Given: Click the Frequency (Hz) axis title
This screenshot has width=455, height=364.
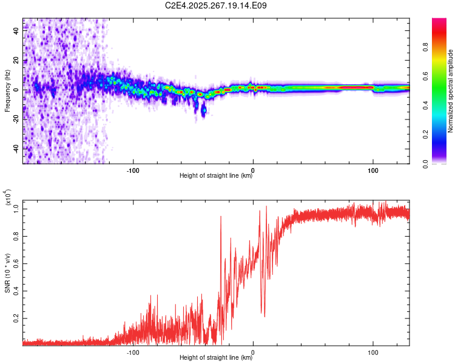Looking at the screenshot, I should [7, 91].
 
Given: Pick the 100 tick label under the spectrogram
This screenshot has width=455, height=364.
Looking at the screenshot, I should [372, 169].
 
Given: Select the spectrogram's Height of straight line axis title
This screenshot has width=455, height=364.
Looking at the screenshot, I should [216, 176].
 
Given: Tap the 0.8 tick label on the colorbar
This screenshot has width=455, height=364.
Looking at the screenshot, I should [426, 47].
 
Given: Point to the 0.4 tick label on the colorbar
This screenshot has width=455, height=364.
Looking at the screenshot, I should [426, 105].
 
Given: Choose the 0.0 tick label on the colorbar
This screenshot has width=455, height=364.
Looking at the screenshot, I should [426, 163].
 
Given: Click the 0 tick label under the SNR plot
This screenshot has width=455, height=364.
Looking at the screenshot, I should [252, 351].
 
